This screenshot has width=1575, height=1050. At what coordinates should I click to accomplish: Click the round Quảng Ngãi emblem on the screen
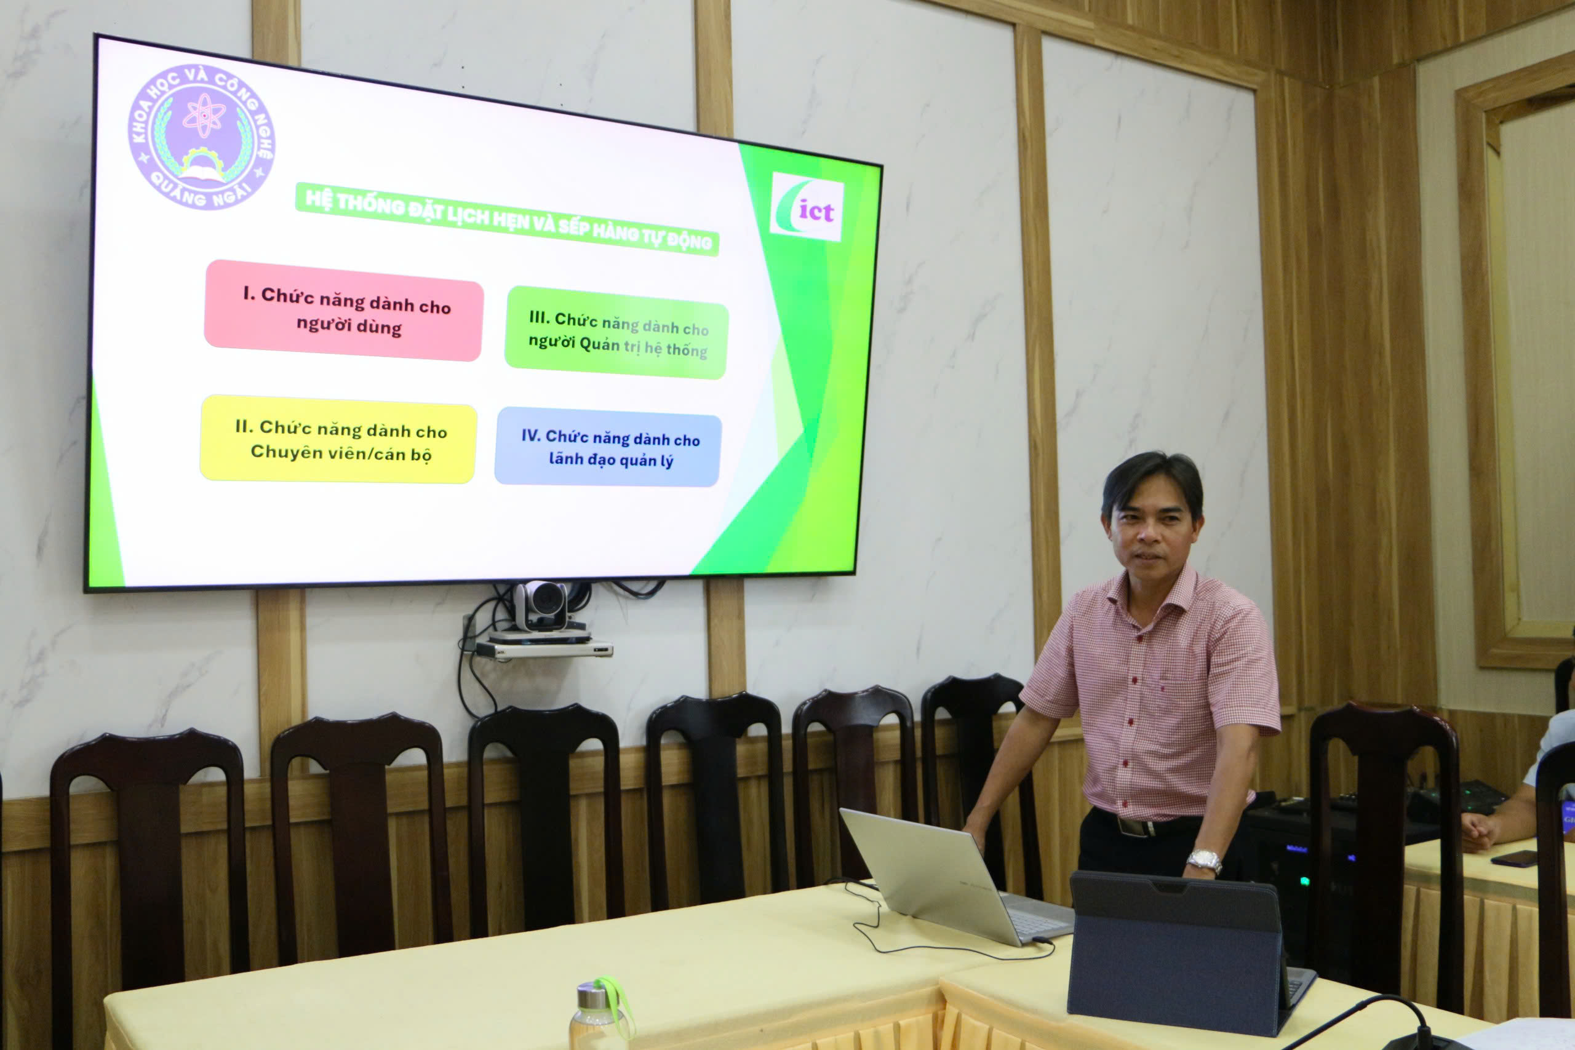coord(202,137)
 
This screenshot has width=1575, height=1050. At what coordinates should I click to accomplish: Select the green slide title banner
coord(507,219)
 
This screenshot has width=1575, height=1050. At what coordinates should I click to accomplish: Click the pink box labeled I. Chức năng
coord(344,311)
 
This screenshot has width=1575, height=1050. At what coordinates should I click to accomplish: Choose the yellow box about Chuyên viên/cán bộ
coord(339,439)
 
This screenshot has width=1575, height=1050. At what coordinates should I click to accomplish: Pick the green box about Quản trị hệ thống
coord(616,333)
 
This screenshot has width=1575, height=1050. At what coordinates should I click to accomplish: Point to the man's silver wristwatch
coord(1203,861)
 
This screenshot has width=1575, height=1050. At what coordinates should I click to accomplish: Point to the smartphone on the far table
coord(1513,859)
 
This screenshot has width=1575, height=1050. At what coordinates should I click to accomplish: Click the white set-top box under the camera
coord(544,648)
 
